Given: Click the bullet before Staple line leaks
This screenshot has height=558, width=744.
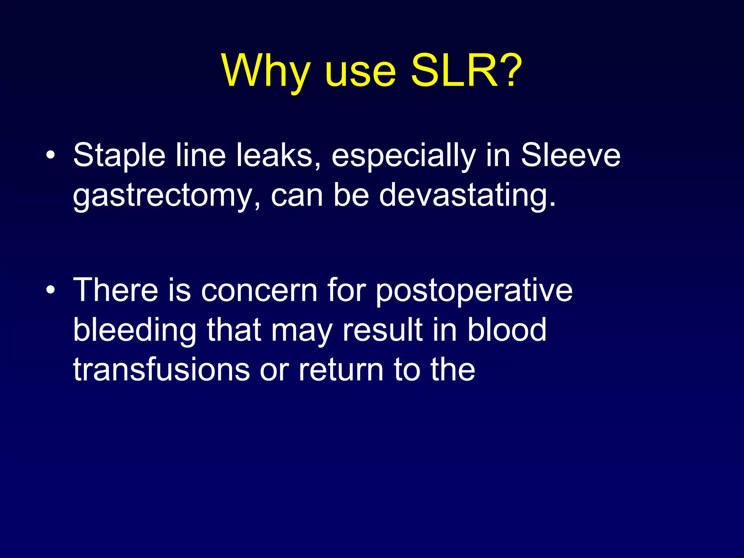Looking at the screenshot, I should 51,156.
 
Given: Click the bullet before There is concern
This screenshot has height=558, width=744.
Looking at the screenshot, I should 51,291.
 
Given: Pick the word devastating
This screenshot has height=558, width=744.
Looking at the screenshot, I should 467,196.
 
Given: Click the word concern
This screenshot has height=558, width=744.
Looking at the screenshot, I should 259,291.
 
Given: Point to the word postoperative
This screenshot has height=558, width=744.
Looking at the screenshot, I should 474,291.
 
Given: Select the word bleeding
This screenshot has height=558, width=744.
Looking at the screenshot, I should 135,331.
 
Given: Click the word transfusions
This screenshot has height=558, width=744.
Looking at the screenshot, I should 161,370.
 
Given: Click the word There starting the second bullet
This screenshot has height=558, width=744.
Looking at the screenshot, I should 116,291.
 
